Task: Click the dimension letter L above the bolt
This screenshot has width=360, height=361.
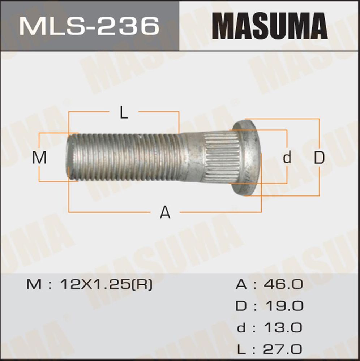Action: tap(124, 113)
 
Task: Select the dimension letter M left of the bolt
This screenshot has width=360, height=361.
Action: tap(40, 158)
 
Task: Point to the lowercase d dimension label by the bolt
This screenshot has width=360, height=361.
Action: tap(287, 158)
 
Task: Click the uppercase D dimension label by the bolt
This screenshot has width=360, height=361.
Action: tap(319, 158)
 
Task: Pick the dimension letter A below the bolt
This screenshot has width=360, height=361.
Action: tap(165, 212)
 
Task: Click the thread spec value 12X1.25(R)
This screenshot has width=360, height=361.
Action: tap(106, 285)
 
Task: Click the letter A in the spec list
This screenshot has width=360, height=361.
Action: tap(241, 285)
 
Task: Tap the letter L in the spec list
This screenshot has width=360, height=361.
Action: tap(242, 349)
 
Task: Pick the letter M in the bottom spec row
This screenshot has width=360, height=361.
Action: tap(34, 285)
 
